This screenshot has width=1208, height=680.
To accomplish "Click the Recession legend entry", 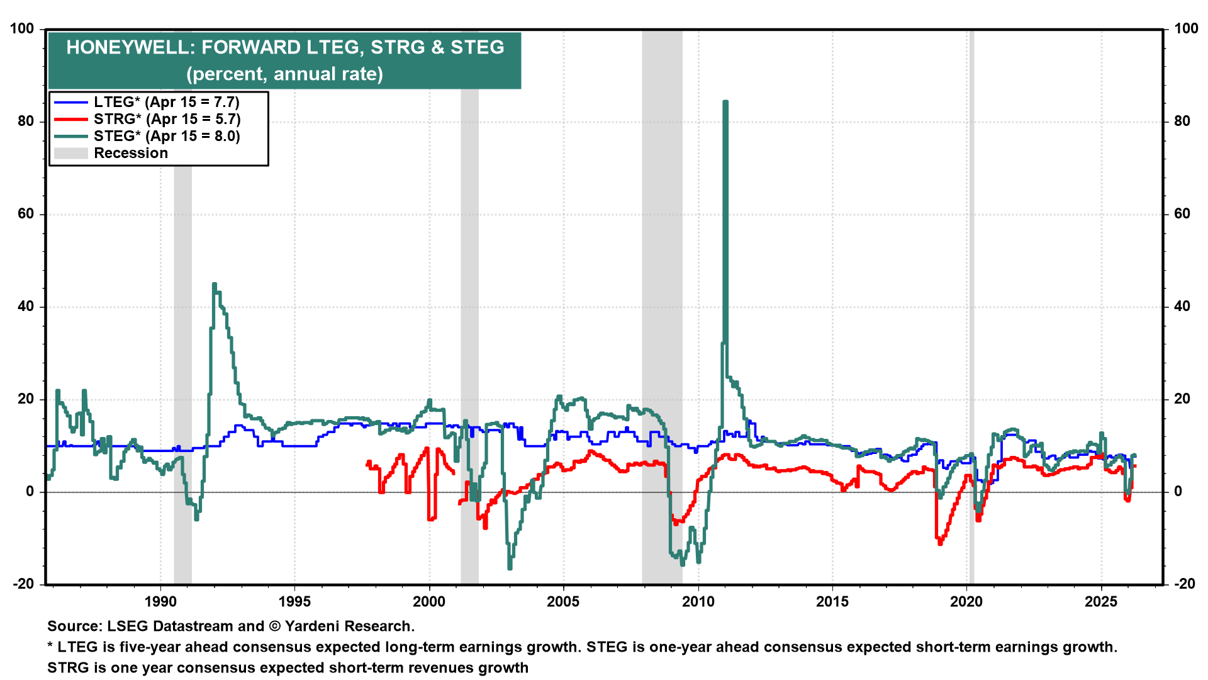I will point(130,153).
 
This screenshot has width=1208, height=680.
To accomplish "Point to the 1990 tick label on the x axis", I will point(160,601).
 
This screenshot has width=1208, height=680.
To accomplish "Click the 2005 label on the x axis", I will point(563,601).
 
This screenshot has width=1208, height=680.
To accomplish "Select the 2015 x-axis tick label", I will point(832,601).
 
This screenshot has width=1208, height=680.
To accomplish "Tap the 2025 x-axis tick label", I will point(1101,601).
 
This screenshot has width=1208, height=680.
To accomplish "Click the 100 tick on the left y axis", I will point(23,29).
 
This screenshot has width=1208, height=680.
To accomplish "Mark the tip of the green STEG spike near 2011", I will point(725,101).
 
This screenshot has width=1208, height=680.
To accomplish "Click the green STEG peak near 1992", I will point(215,285).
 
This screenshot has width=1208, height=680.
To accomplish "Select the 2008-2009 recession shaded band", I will point(662,315).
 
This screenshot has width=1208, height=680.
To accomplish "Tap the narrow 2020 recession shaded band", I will point(971,315).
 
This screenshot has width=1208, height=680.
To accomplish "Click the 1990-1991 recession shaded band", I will point(182,315).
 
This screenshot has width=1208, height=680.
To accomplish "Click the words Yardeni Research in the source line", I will point(349,626).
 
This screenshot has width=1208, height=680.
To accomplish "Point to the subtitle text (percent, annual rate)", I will point(284,74).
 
